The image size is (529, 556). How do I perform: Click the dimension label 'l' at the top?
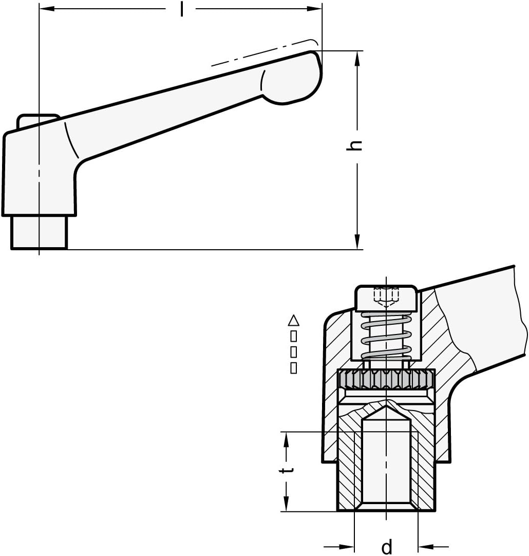pyautogui.click(x=181, y=9)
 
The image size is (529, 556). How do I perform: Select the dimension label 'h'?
pyautogui.click(x=354, y=145)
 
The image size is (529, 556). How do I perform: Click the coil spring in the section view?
pyautogui.click(x=386, y=336)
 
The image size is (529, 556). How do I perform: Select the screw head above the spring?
pyautogui.click(x=386, y=297)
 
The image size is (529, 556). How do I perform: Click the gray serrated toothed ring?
pyautogui.click(x=386, y=380)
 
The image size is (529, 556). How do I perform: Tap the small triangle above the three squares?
pyautogui.click(x=294, y=321)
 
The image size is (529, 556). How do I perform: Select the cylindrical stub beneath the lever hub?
pyautogui.click(x=39, y=232)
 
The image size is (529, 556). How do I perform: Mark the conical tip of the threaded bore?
pyautogui.click(x=386, y=411)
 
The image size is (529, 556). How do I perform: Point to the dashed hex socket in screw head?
pyautogui.click(x=386, y=296)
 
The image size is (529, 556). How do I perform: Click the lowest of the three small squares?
pyautogui.click(x=294, y=368)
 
